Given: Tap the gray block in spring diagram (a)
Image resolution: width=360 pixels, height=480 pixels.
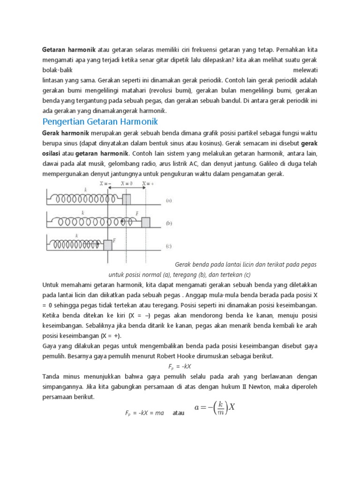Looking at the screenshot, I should point(127,199).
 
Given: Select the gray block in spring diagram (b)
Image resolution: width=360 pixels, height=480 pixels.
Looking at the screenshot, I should point(146,222).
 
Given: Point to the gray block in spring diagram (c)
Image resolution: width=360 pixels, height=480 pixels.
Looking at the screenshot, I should point(108,245).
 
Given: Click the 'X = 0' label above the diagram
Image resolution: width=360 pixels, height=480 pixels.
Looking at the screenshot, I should point(127,184).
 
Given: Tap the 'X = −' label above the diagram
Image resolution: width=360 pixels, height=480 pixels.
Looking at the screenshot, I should point(105,184).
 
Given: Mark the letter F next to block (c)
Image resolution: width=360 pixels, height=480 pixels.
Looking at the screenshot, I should point(114,240).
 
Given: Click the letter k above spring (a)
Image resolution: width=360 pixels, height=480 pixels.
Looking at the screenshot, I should point(85,189).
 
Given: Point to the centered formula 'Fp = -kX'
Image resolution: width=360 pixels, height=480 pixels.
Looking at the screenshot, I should point(180,366).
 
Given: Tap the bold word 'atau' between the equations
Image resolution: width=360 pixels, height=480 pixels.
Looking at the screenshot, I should point(179,413).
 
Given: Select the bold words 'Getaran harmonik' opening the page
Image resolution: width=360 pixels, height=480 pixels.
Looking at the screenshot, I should point(69,49).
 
